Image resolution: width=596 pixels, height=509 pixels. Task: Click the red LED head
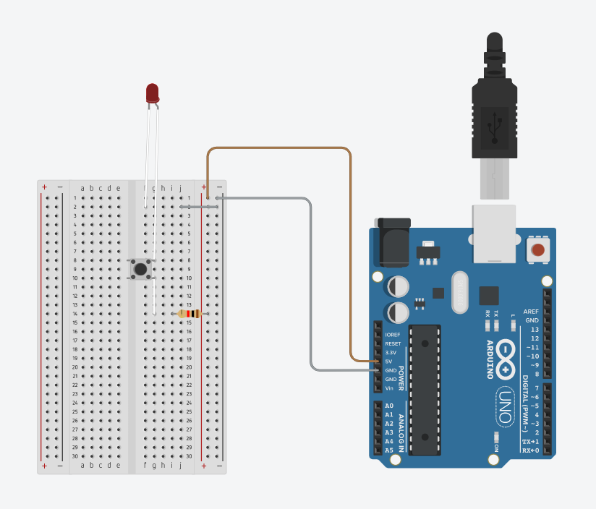click(152, 93)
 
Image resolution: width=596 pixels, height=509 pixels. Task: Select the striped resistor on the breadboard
click(190, 313)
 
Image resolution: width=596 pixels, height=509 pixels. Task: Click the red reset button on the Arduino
click(538, 251)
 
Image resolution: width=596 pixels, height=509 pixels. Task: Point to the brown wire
click(278, 148)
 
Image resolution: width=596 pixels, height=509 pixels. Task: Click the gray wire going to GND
click(311, 289)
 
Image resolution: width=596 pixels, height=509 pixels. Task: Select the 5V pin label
click(388, 362)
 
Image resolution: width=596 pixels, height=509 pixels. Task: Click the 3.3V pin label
click(391, 352)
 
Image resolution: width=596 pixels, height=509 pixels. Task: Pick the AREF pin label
click(532, 311)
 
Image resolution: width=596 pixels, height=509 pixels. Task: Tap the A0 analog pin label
click(389, 406)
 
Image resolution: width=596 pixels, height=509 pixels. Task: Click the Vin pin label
click(389, 388)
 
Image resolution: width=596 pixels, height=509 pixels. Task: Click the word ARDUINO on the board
click(490, 359)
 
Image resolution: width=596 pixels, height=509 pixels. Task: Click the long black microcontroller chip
click(425, 390)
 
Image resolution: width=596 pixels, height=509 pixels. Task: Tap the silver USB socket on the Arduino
click(494, 232)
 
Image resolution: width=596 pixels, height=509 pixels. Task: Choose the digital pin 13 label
click(535, 329)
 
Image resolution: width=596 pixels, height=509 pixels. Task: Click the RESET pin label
click(393, 343)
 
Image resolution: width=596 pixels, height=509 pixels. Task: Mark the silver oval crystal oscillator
click(460, 292)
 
